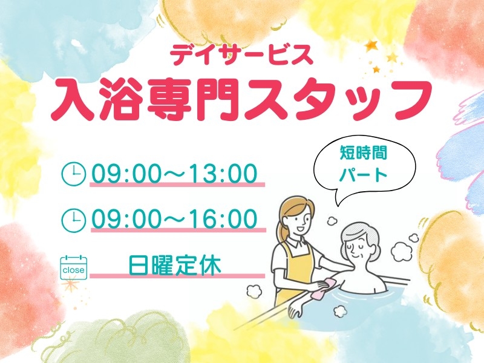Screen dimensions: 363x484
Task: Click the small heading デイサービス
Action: click(241, 56)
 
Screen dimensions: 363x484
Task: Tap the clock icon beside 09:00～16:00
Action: click(74, 220)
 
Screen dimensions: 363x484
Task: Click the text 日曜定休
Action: click(174, 265)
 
